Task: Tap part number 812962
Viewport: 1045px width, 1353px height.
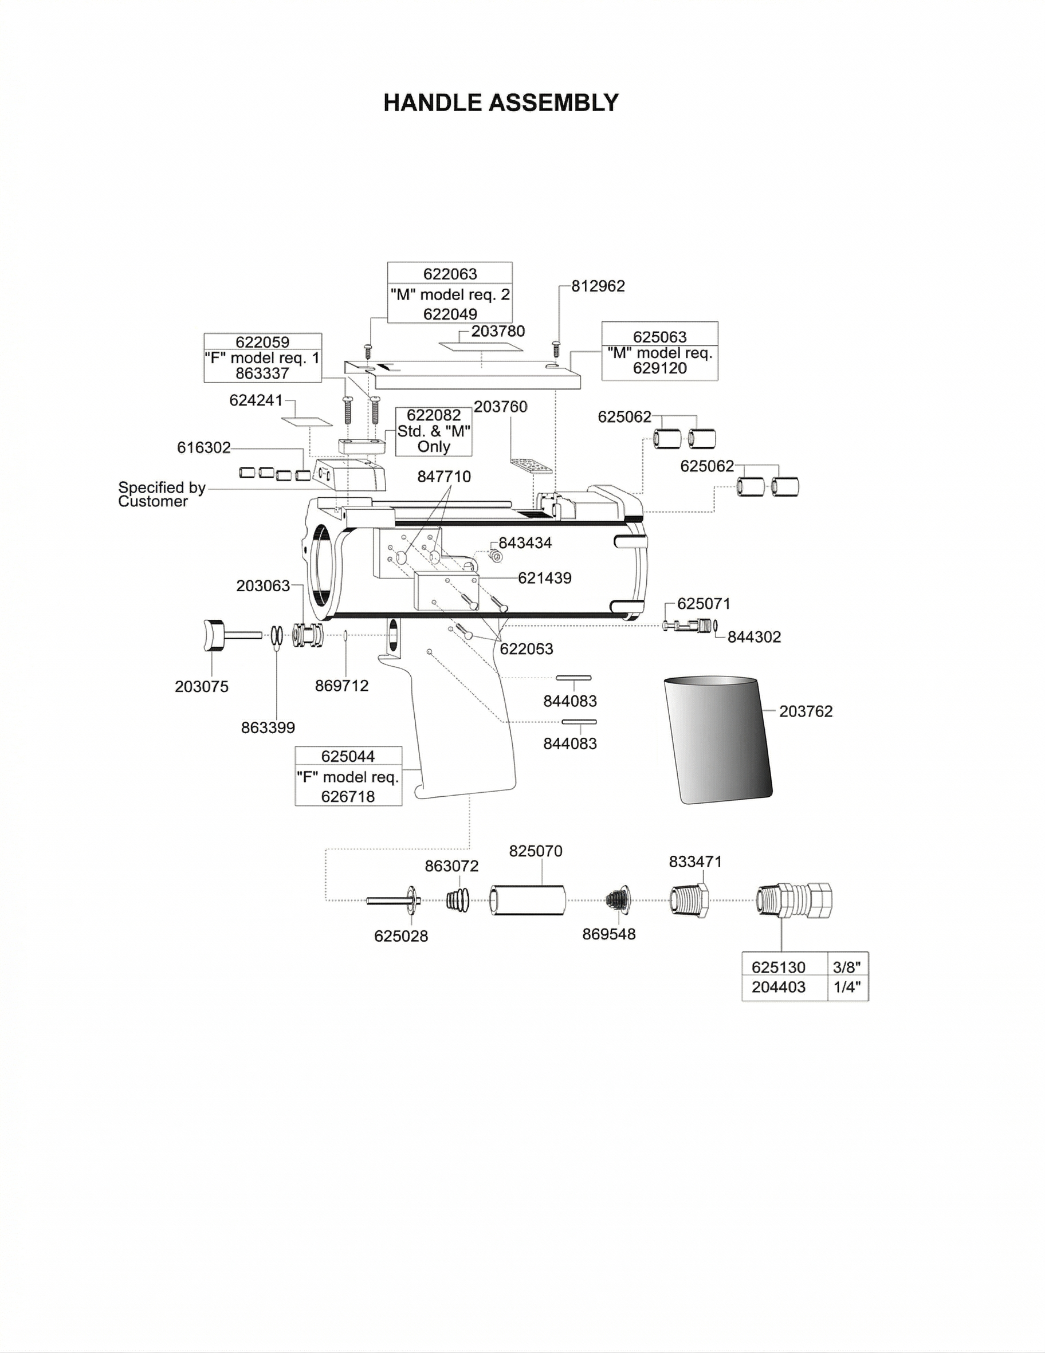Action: point(598,286)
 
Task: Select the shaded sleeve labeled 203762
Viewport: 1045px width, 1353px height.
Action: point(717,740)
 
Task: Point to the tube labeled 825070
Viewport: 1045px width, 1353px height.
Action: point(528,900)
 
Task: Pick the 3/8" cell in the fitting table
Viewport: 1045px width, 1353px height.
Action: point(847,967)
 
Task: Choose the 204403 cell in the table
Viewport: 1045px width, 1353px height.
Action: point(779,987)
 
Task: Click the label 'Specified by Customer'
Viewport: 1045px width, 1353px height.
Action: point(161,494)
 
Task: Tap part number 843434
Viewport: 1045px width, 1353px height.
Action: point(525,542)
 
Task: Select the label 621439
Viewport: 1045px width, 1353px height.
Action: point(544,578)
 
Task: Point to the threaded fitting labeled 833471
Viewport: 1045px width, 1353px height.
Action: point(689,900)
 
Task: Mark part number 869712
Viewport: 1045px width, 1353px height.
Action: point(341,686)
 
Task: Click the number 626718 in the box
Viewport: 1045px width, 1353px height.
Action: point(348,797)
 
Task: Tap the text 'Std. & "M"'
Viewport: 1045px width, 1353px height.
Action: point(434,431)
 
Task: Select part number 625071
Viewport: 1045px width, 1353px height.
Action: point(703,603)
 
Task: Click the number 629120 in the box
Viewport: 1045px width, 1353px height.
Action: point(659,368)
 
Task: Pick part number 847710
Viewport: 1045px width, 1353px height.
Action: point(443,477)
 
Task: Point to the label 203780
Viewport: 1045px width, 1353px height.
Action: point(498,332)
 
